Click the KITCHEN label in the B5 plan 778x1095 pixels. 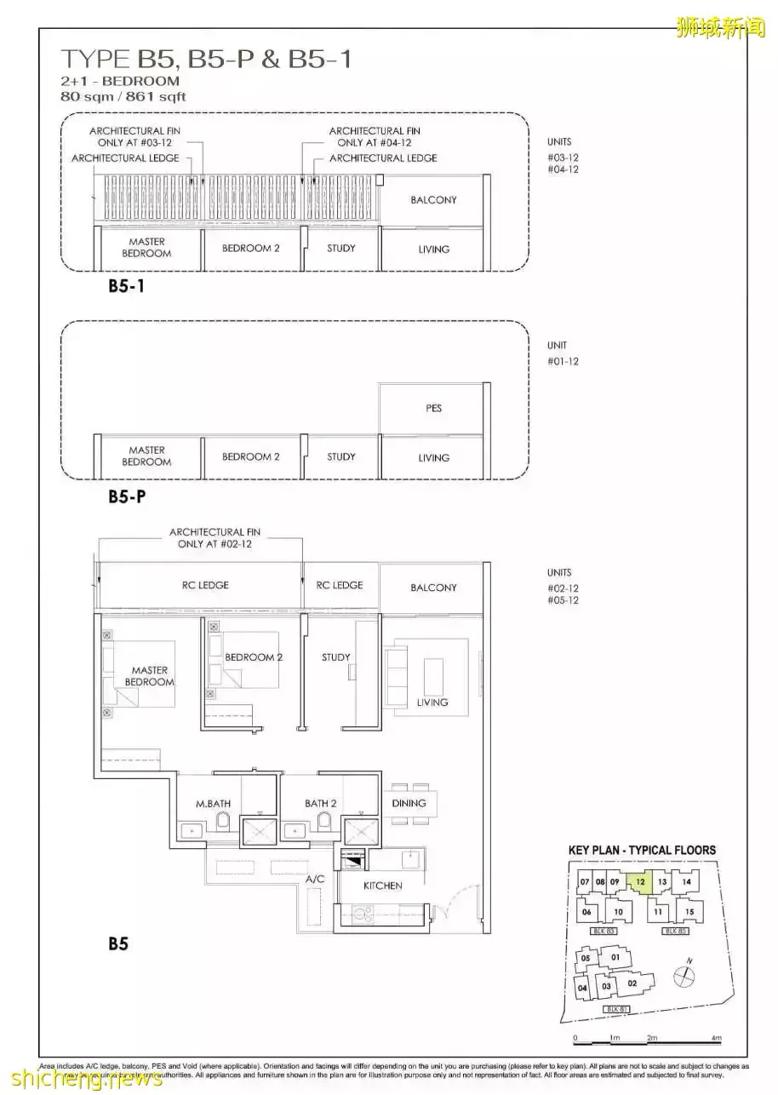(x=382, y=886)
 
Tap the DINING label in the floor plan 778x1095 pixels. (x=409, y=803)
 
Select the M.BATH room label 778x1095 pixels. (x=213, y=803)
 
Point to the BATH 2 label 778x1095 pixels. (x=321, y=803)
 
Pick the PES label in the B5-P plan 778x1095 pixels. (x=433, y=408)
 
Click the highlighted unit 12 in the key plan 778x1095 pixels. (x=640, y=883)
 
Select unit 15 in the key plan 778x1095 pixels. (x=689, y=913)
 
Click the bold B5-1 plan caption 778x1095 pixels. (x=126, y=287)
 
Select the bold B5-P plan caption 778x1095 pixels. (x=126, y=496)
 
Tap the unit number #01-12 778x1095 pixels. (x=563, y=361)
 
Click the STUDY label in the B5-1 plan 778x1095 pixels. (x=341, y=248)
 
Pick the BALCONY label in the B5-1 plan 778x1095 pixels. (x=433, y=199)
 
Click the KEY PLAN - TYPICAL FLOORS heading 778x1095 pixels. (x=642, y=850)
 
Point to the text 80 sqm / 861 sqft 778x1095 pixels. (x=123, y=96)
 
